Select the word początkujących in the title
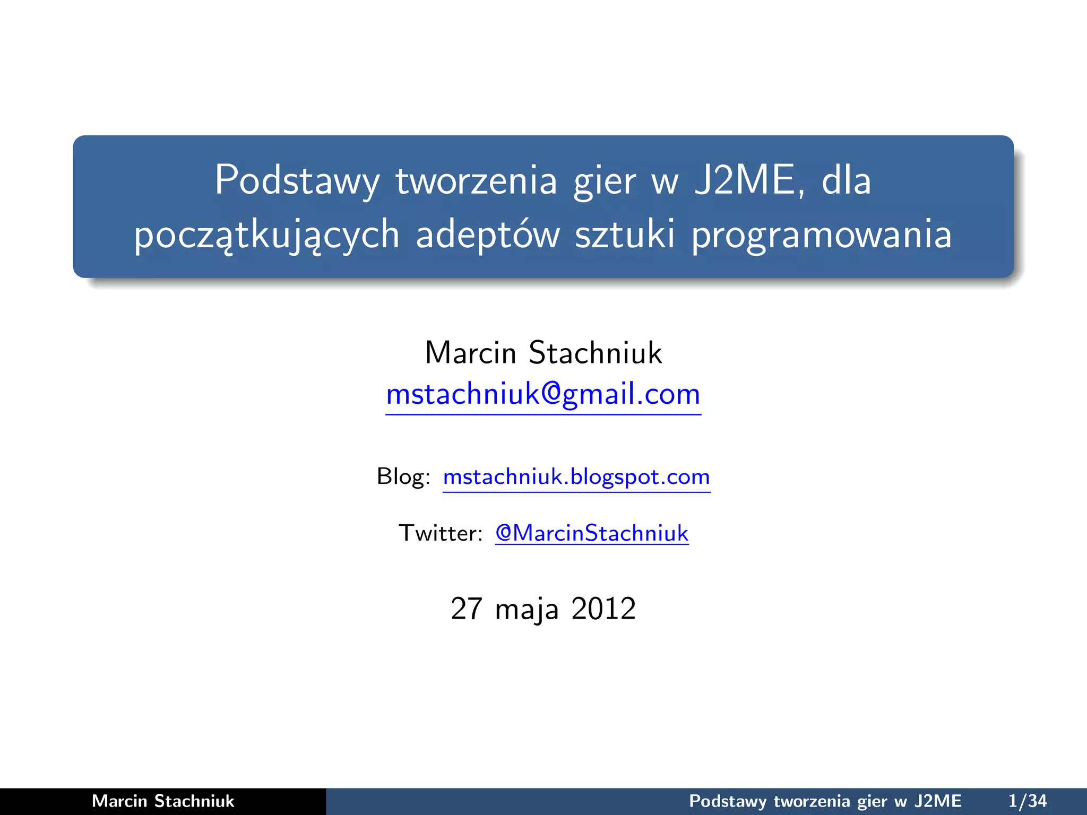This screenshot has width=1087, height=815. (x=266, y=236)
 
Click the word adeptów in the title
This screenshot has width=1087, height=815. (x=488, y=236)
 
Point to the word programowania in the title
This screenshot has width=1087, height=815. (x=822, y=236)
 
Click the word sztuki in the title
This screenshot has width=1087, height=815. (x=625, y=235)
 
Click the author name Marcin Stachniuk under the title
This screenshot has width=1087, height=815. (x=543, y=353)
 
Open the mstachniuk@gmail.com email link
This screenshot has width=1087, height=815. (x=543, y=395)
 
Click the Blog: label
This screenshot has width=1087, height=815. (x=403, y=476)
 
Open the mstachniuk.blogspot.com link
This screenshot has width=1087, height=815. (x=576, y=477)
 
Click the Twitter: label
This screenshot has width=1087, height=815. (x=441, y=533)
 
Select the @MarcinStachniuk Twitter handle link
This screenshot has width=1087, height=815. (x=592, y=533)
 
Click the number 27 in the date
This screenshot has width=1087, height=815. (x=466, y=609)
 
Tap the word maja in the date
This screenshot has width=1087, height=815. (x=527, y=610)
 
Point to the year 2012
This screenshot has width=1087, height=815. (x=603, y=609)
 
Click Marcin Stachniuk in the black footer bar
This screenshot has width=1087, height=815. (x=163, y=801)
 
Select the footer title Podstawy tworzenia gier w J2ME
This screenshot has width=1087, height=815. (x=825, y=801)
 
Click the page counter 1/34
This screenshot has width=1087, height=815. (x=1028, y=801)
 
